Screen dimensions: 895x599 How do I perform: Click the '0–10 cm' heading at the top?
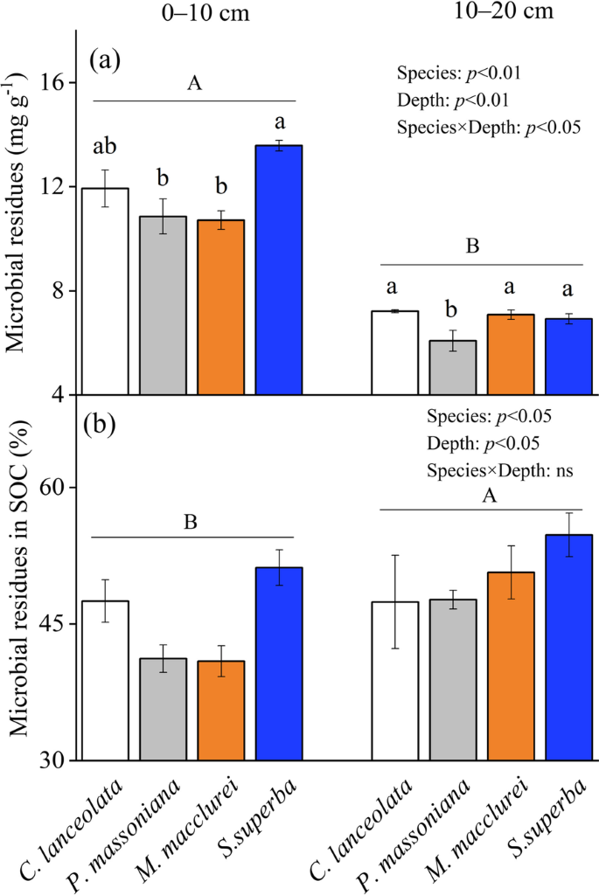pos(187,16)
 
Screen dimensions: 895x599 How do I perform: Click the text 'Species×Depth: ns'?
pos(499,470)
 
